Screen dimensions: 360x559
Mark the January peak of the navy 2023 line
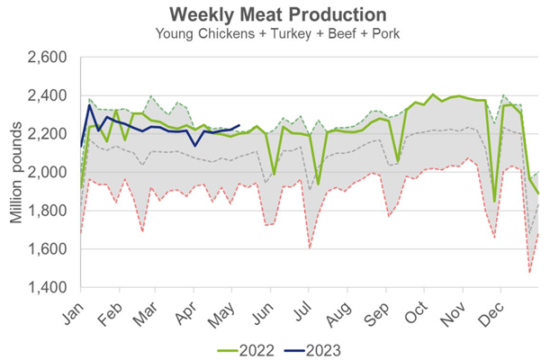89,105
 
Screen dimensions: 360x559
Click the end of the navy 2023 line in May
239,125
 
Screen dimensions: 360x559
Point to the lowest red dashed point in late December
530,272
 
